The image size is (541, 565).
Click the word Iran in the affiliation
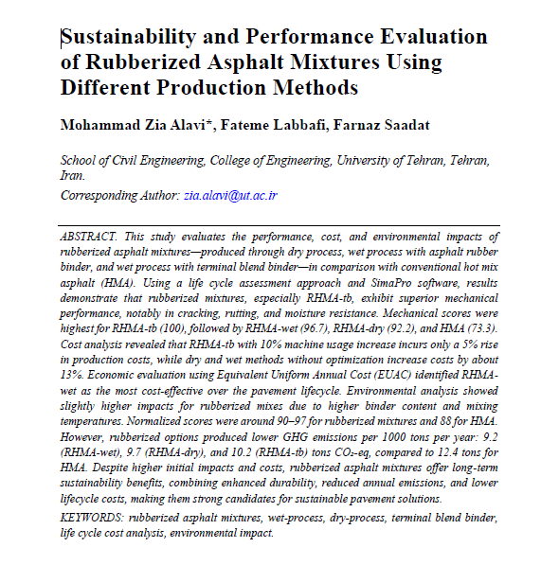[x=72, y=175]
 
